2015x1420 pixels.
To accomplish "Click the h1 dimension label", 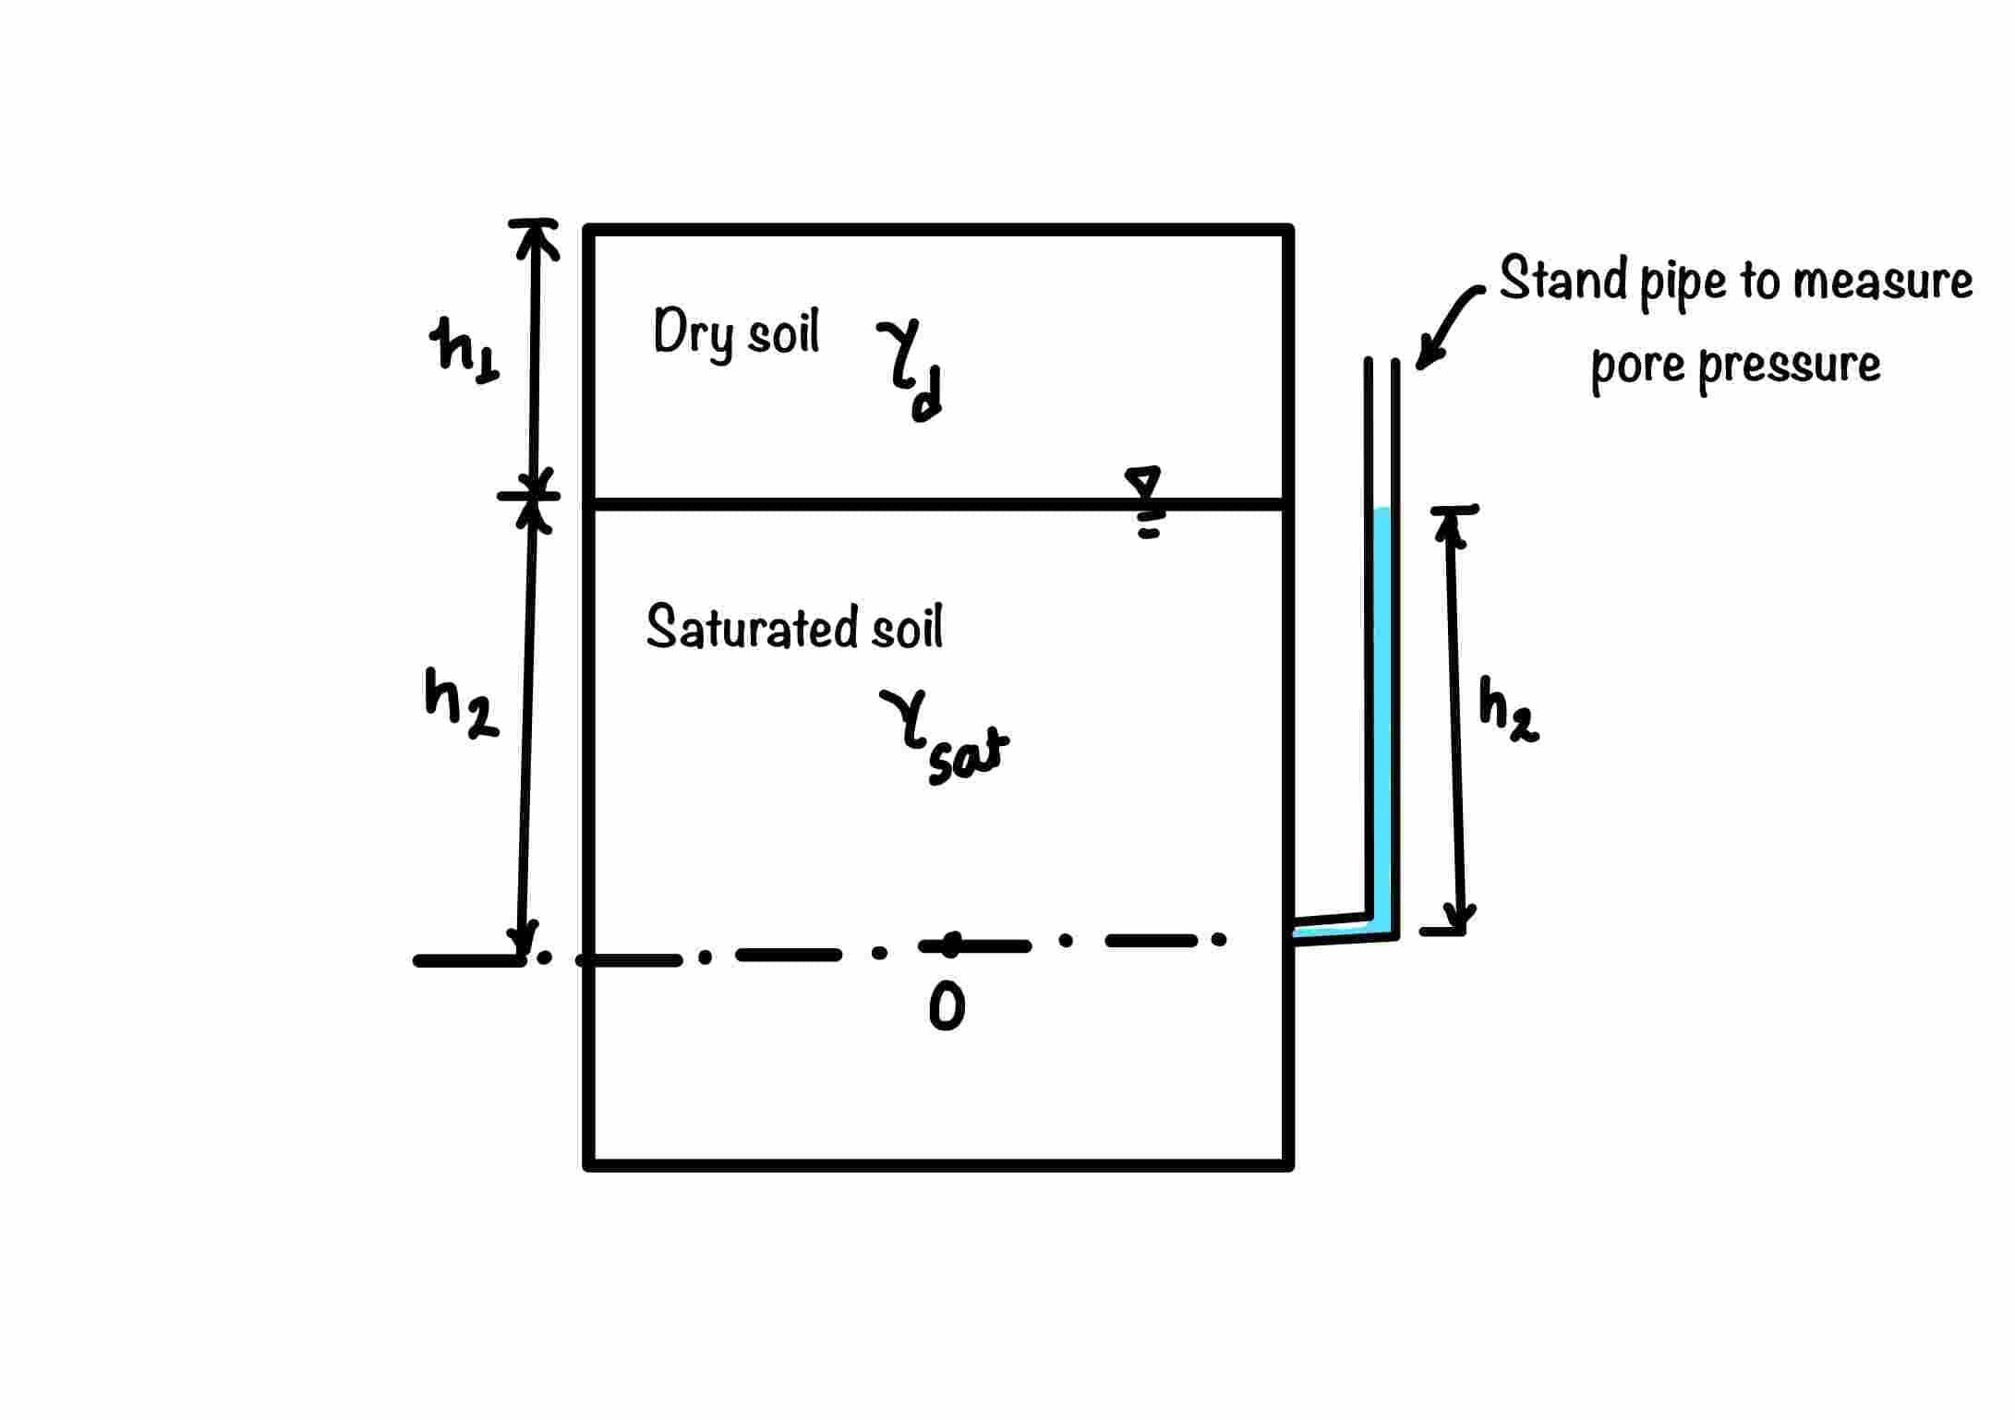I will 465,349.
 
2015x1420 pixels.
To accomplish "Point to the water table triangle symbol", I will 1143,483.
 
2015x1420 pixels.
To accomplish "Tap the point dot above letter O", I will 951,943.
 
